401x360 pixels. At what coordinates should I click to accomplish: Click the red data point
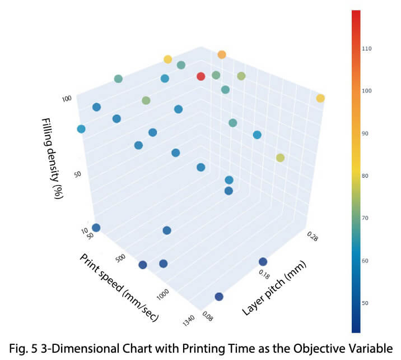[x=201, y=76]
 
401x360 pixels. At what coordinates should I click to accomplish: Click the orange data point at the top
[x=222, y=54]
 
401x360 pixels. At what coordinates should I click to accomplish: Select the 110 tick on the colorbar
[x=367, y=49]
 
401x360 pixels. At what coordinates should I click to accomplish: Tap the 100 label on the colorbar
[x=367, y=91]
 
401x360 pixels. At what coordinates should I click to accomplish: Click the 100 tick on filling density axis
[x=67, y=99]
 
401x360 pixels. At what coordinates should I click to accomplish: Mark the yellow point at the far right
[x=320, y=99]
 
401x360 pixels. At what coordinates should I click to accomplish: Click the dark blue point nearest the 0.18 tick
[x=263, y=261]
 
